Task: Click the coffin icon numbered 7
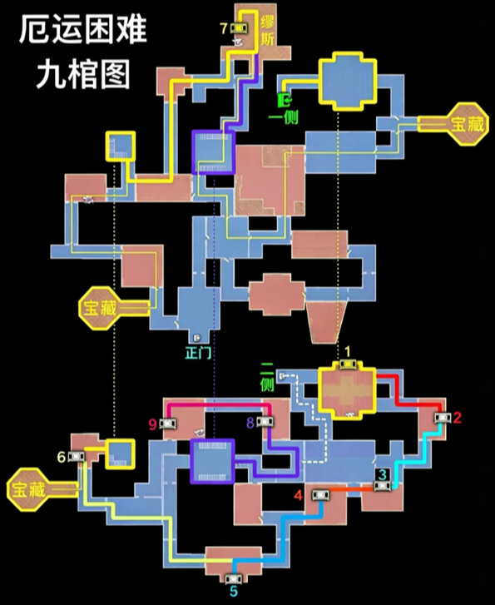[240, 28]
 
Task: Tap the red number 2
[458, 418]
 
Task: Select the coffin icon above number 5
[234, 578]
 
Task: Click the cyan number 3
[383, 474]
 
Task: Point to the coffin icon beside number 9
[167, 424]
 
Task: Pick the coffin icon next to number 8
[265, 422]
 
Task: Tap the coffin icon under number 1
[348, 364]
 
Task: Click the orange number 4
[298, 495]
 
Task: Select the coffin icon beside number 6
[77, 456]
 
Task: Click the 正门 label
[198, 353]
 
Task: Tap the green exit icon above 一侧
[285, 100]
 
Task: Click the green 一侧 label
[284, 117]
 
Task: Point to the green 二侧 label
[267, 377]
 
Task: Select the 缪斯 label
[267, 32]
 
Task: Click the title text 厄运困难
[83, 30]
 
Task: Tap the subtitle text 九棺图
[83, 74]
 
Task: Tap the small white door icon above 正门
[197, 338]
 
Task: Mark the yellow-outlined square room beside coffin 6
[121, 454]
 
